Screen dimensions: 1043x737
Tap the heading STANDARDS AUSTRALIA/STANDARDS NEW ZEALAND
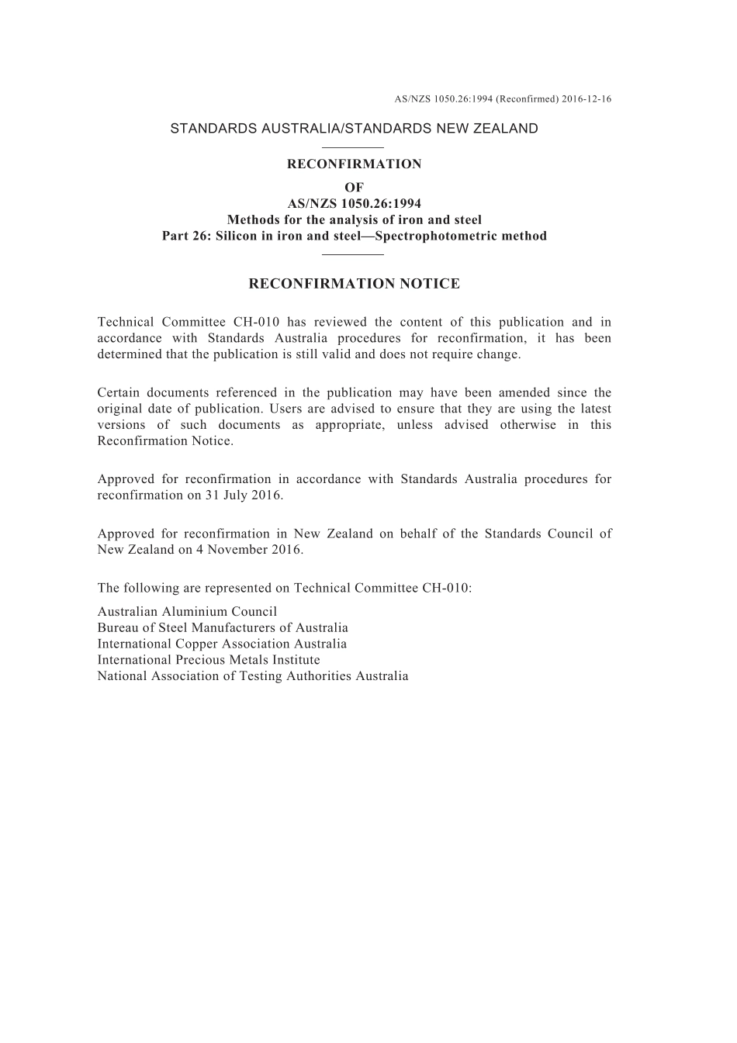354,129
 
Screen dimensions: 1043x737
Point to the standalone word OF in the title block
354,187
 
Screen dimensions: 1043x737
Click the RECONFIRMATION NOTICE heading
354,284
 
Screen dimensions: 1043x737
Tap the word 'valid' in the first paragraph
338,354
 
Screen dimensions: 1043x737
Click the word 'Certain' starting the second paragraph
118,392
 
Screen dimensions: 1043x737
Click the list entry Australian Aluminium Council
187,611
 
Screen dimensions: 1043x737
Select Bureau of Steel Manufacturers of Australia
223,627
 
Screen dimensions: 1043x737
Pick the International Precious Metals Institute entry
209,660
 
